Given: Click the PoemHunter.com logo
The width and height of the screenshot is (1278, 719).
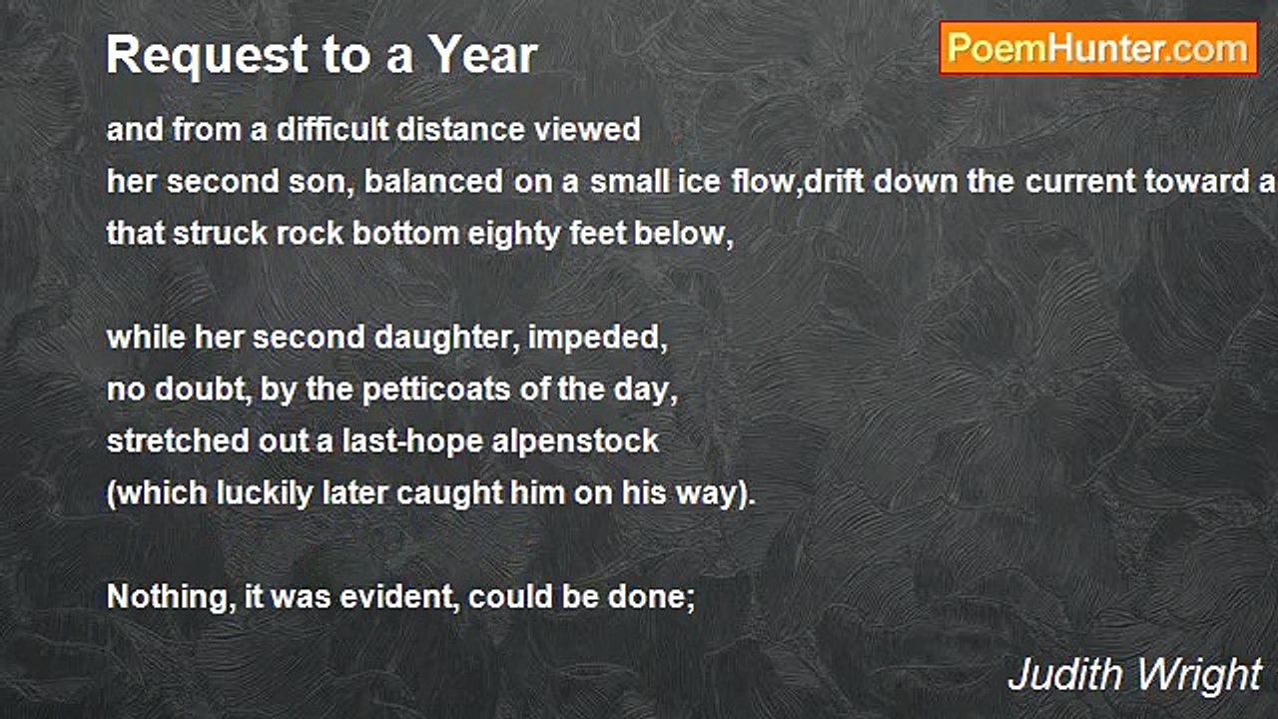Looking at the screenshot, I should pyautogui.click(x=1098, y=48).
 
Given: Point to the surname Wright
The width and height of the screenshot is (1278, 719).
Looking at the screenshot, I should pyautogui.click(x=1202, y=675).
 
